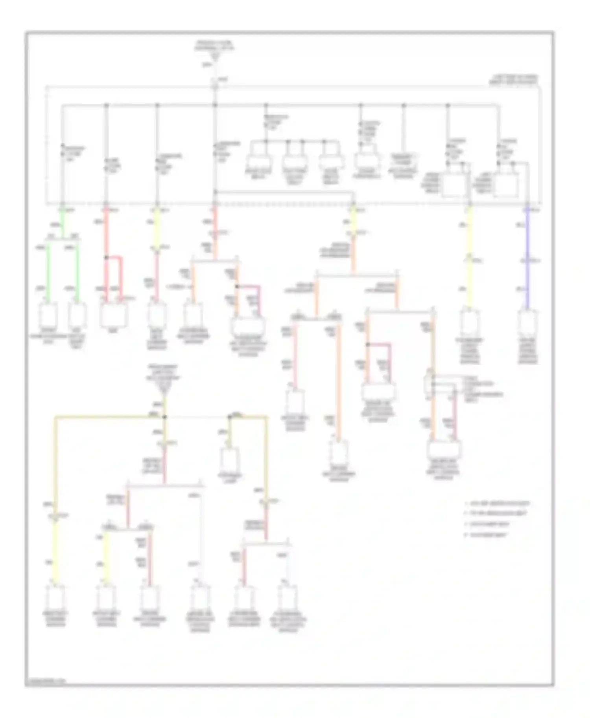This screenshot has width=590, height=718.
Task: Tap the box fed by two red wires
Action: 113,314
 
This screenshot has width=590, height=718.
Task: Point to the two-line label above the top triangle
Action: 214,45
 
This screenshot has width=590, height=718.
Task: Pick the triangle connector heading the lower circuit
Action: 165,389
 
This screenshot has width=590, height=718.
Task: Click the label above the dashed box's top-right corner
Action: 513,79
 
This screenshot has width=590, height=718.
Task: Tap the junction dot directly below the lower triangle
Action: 165,417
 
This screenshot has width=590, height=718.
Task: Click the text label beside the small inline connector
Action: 484,388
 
